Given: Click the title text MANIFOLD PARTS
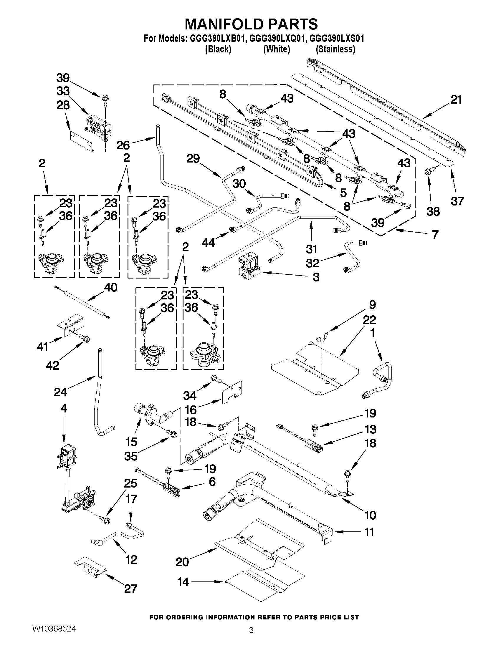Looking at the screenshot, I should pyautogui.click(x=251, y=24).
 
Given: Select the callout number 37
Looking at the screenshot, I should pyautogui.click(x=457, y=201).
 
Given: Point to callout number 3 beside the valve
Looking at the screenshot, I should pyautogui.click(x=316, y=277).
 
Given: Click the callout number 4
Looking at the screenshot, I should pyautogui.click(x=64, y=408).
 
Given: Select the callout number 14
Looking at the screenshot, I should pyautogui.click(x=183, y=582).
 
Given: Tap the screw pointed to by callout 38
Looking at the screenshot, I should pyautogui.click(x=429, y=171).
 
